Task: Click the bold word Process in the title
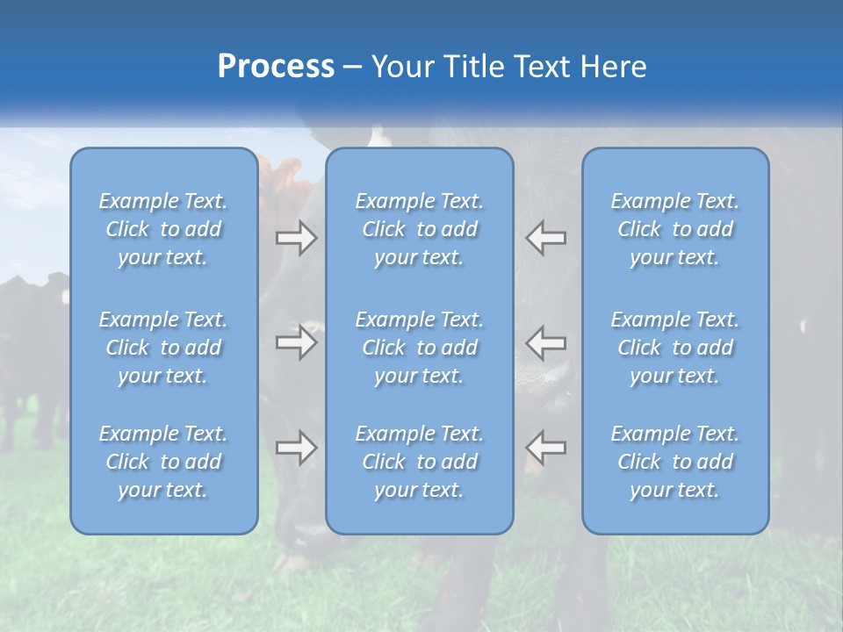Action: coord(276,66)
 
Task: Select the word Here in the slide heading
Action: coord(614,66)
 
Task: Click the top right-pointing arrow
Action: coord(296,238)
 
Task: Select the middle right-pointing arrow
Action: coord(296,342)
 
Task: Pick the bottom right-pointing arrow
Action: coord(296,448)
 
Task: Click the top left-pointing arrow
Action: coord(545,238)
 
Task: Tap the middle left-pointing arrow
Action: coord(545,342)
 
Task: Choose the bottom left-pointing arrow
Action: coord(545,448)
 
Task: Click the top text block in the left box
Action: coord(163,229)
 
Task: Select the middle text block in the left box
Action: coord(163,348)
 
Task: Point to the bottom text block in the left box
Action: coord(163,462)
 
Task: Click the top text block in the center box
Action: coord(419,229)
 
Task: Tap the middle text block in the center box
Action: coord(419,348)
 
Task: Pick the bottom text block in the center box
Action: coord(419,462)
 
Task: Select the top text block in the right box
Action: coord(674,229)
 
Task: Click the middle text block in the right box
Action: coord(674,348)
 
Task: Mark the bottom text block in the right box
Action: coord(674,462)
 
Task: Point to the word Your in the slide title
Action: coord(402,66)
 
